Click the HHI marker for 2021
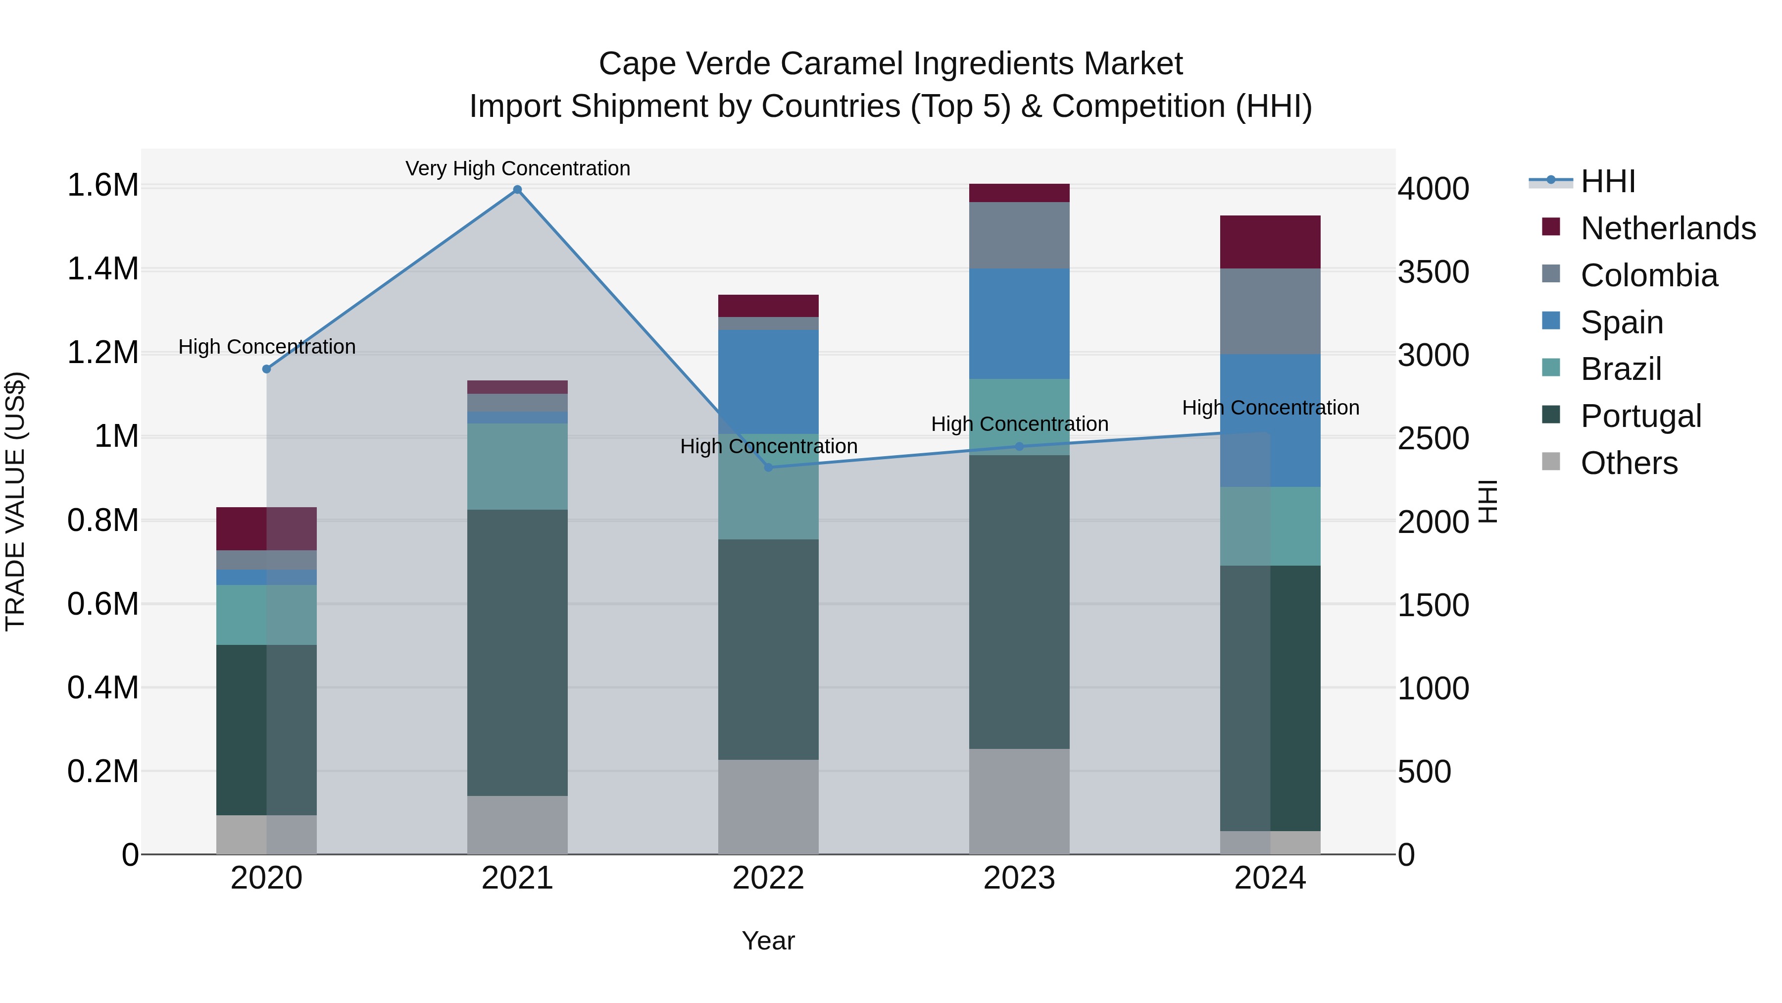(517, 190)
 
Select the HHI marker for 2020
(266, 369)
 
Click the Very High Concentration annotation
(517, 168)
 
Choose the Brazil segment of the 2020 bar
(266, 615)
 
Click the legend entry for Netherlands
(1667, 228)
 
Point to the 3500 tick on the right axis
(1433, 272)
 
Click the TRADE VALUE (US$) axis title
(16, 501)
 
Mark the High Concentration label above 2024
(1270, 408)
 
